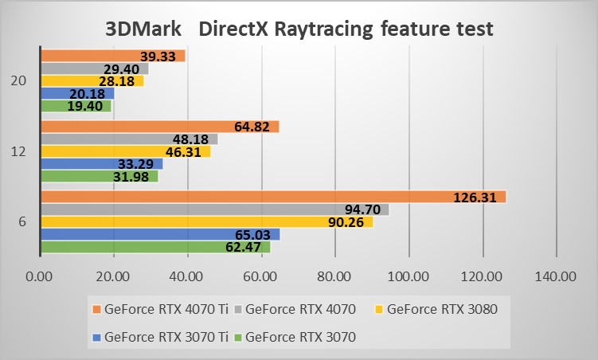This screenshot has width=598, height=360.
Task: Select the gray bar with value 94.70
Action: [214, 209]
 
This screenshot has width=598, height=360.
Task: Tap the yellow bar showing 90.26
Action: [206, 222]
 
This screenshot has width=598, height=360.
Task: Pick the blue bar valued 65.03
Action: [159, 234]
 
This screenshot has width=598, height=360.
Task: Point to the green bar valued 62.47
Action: [155, 247]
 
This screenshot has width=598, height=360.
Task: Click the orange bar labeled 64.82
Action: [159, 127]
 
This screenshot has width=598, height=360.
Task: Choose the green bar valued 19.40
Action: [76, 106]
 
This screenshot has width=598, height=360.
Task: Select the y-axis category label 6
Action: [22, 221]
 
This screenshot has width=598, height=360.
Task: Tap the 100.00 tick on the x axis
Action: [408, 277]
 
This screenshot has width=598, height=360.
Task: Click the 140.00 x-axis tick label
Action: [556, 277]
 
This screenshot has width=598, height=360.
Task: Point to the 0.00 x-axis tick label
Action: [40, 277]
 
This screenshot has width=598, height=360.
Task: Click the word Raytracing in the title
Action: [326, 29]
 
